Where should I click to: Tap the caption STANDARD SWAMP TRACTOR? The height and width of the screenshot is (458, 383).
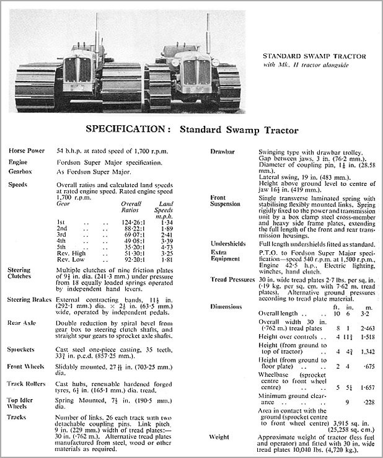(315, 56)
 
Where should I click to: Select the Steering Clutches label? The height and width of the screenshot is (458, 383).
(23, 274)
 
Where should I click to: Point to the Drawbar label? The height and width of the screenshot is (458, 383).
(221, 151)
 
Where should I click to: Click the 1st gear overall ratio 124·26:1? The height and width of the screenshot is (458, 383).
(132, 221)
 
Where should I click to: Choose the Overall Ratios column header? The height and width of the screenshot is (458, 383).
(131, 206)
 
